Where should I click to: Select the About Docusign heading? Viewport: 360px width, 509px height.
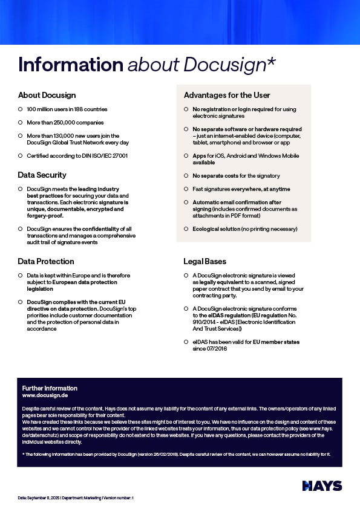pyautogui.click(x=47, y=95)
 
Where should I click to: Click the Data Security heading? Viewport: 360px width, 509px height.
pyautogui.click(x=42, y=175)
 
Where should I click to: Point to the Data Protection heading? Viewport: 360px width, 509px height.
pyautogui.click(x=46, y=261)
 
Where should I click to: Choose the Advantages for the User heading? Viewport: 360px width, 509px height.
pyautogui.click(x=227, y=95)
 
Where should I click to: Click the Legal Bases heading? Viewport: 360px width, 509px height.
pyautogui.click(x=205, y=261)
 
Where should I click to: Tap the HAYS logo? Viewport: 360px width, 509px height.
pyautogui.click(x=322, y=486)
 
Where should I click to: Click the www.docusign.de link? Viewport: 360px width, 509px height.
pyautogui.click(x=45, y=395)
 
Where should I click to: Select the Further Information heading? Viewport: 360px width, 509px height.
pyautogui.click(x=50, y=387)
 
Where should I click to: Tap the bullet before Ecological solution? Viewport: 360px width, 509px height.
pyautogui.click(x=186, y=229)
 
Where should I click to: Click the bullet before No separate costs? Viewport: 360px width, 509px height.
pyautogui.click(x=186, y=176)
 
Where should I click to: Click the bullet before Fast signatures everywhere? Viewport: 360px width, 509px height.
pyautogui.click(x=186, y=189)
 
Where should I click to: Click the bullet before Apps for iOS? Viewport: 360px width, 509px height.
pyautogui.click(x=186, y=156)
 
